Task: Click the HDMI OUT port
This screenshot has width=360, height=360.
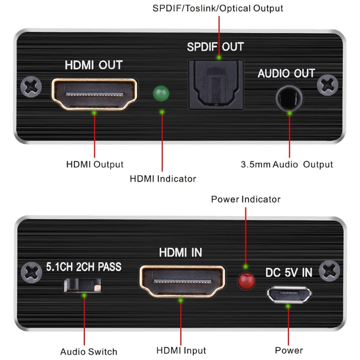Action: [x=94, y=94]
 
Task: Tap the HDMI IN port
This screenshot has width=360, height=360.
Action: [x=182, y=281]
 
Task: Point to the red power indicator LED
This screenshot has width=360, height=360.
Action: [x=246, y=281]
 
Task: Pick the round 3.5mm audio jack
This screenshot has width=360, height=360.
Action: [x=288, y=98]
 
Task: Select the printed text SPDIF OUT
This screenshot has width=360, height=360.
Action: [x=215, y=47]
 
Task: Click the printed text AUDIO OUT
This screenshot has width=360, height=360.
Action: [x=286, y=73]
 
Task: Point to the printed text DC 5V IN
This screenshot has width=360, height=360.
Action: [x=288, y=273]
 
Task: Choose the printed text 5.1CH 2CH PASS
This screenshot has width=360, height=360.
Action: [x=84, y=266]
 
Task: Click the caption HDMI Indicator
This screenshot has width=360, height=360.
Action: [x=163, y=179]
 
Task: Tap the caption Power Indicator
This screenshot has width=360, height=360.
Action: [x=246, y=199]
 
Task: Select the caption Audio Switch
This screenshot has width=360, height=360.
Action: [x=89, y=351]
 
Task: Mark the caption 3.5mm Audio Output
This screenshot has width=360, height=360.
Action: [x=287, y=164]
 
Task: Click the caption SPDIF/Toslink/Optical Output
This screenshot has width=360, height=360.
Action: [x=217, y=8]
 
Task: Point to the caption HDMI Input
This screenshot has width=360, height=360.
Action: [x=181, y=351]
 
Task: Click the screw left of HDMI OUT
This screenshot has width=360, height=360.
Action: [x=32, y=87]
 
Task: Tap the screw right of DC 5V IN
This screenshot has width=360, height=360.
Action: [x=330, y=271]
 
